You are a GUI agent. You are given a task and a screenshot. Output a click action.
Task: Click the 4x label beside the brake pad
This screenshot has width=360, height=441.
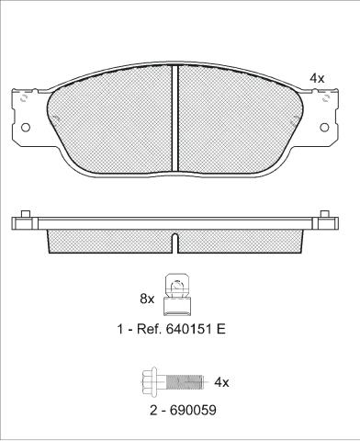tap(317, 79)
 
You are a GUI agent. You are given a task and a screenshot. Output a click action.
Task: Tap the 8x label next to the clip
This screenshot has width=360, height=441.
tap(147, 299)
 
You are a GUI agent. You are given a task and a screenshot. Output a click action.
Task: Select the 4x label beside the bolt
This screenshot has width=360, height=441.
tap(221, 382)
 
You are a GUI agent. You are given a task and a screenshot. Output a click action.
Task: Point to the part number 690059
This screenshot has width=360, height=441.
tap(193, 410)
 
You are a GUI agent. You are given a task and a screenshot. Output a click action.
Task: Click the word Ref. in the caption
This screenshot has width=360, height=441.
tap(147, 329)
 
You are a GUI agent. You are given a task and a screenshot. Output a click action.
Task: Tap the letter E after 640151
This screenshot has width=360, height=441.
tap(221, 329)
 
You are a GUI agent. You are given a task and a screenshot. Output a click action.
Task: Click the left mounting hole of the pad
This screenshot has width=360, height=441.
tap(26, 128)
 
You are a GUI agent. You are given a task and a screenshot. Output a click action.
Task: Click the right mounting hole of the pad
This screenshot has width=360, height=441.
tap(324, 128)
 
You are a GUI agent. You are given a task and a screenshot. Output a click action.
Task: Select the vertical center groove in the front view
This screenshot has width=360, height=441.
tap(174, 119)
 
